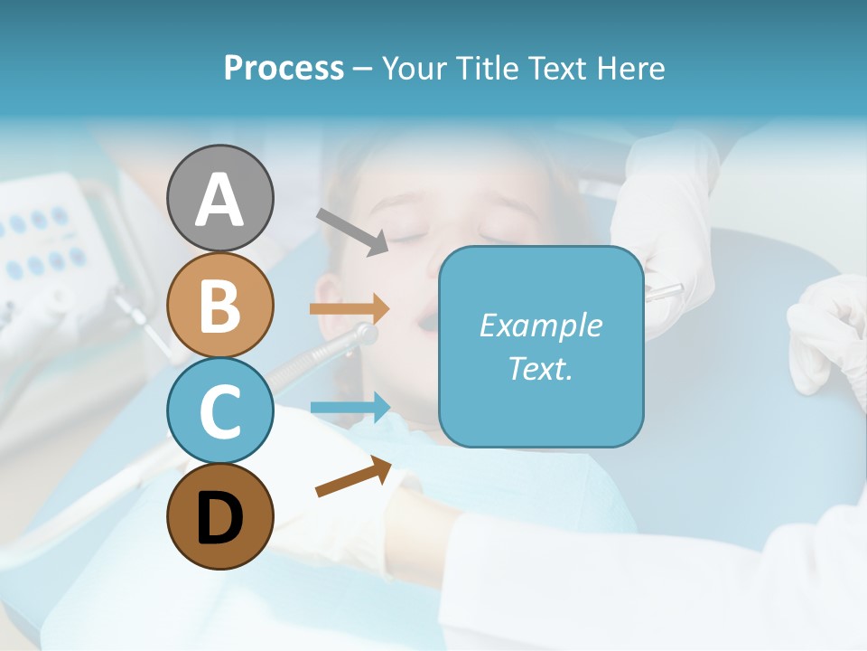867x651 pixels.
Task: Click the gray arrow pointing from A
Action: pos(351,231)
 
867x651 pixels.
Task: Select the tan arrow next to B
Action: pos(350,308)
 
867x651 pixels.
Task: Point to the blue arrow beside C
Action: pos(350,408)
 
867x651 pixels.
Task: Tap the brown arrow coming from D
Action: pos(353,476)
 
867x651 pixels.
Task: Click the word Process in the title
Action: pos(284,68)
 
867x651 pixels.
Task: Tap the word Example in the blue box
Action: pos(540,325)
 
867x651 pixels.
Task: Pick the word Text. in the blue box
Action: pos(540,368)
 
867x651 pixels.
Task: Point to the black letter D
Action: pos(219,518)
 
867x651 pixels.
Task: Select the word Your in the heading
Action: pos(414,68)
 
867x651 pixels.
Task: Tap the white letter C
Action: pos(219,411)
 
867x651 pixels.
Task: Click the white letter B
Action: pos(219,306)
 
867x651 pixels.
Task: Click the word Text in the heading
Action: pos(558,68)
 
